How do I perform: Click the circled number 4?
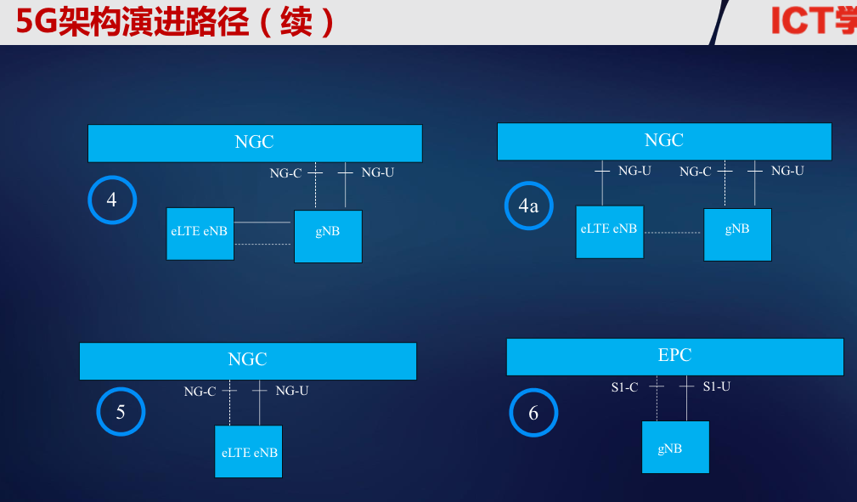click(112, 200)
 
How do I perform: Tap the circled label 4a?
click(528, 206)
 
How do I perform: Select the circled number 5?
click(121, 412)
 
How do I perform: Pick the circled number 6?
click(533, 413)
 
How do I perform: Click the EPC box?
click(674, 356)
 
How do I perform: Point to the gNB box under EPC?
click(674, 448)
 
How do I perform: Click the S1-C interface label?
click(624, 387)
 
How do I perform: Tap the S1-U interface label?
click(717, 386)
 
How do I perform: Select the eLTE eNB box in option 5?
click(249, 452)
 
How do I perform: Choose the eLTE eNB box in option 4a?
click(609, 231)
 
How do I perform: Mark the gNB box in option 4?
click(328, 235)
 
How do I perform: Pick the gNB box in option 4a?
click(737, 234)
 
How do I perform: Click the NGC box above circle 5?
click(247, 360)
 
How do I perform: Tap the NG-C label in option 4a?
click(695, 172)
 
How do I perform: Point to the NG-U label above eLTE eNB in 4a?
click(634, 171)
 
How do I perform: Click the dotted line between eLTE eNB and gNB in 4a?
click(673, 232)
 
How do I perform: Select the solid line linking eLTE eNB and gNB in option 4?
click(263, 223)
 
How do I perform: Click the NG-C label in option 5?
click(200, 392)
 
